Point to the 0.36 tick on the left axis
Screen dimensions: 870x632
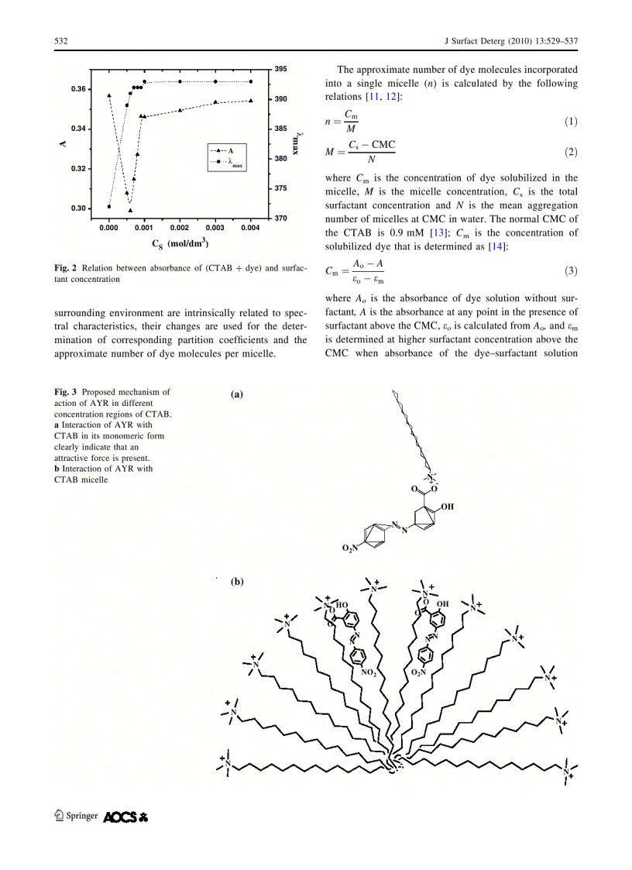coord(78,90)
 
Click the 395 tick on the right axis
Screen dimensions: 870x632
coord(280,70)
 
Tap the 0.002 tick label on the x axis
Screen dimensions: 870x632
coord(180,229)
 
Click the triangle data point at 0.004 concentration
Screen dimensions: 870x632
coord(251,100)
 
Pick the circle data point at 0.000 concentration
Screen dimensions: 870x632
coord(109,206)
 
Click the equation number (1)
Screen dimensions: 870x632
coord(570,122)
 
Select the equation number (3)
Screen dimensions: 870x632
coord(570,270)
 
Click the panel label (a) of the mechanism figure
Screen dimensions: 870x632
coord(237,394)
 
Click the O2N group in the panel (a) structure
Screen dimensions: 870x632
coord(351,548)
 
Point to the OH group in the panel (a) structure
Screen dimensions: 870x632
coord(448,507)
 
